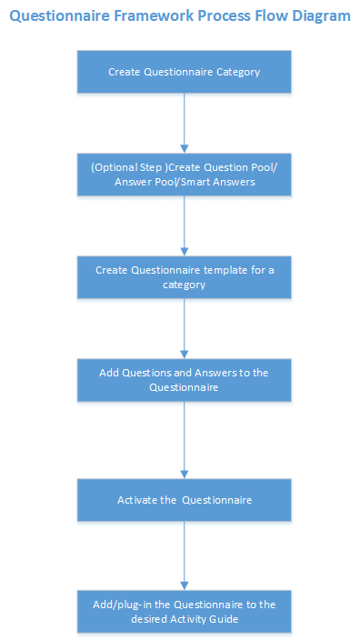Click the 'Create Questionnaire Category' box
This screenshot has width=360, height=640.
click(184, 71)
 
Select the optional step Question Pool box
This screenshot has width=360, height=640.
click(184, 174)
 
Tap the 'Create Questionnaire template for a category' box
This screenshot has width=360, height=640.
click(184, 276)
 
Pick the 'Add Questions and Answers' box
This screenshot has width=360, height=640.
click(184, 380)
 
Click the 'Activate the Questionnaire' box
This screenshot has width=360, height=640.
click(184, 499)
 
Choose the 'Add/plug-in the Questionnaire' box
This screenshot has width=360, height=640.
click(184, 611)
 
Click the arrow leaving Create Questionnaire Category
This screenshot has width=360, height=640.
click(185, 122)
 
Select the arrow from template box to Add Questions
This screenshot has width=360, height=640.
click(185, 328)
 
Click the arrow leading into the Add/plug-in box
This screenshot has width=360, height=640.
click(185, 555)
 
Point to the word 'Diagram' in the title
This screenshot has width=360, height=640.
click(318, 16)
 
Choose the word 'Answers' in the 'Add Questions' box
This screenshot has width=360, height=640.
click(215, 374)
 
